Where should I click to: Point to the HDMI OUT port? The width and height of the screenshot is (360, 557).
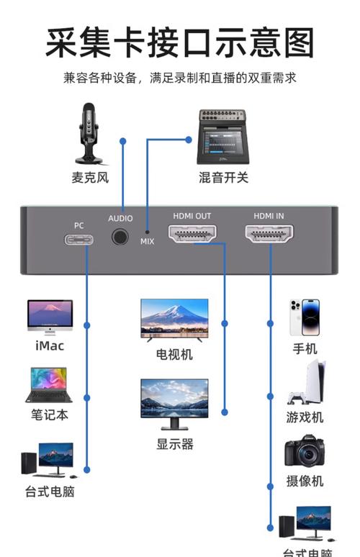[x=192, y=235]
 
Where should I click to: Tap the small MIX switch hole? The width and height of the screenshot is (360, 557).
[x=147, y=231]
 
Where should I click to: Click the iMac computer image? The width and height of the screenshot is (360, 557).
[x=50, y=317]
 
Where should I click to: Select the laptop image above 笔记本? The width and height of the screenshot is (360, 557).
[x=49, y=385]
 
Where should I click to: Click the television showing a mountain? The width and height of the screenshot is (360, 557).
[x=174, y=319]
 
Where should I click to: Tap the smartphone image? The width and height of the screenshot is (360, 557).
[x=305, y=317]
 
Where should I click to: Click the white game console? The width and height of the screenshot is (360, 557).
[x=307, y=386]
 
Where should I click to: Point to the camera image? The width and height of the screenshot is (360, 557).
[x=304, y=451]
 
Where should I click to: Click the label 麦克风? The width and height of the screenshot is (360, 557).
[x=89, y=177]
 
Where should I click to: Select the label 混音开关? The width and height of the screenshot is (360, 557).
[x=223, y=177]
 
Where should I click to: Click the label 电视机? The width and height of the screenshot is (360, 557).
[x=174, y=354]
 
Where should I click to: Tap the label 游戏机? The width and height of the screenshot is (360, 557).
[x=305, y=417]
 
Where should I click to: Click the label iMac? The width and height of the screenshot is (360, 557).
[x=50, y=346]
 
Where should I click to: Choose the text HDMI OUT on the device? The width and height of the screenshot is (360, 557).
[x=192, y=216]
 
